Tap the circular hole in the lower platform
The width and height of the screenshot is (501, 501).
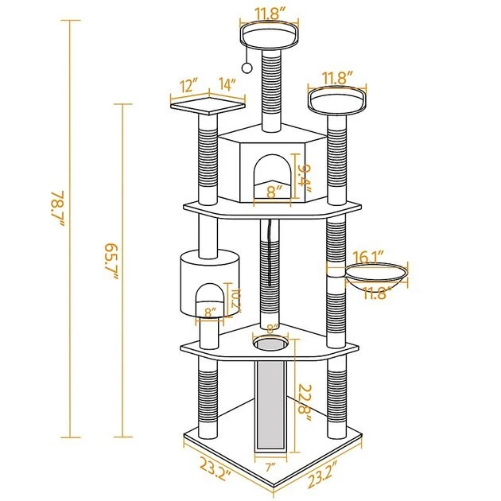coord(270,345)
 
